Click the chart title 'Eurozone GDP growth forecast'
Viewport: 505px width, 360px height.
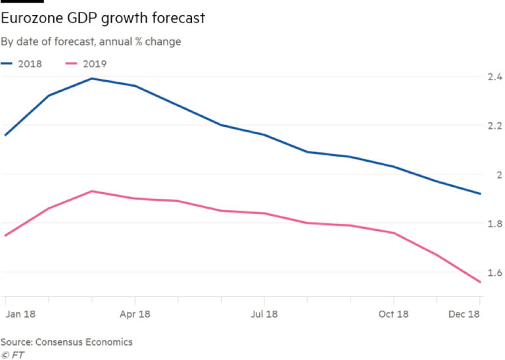pyautogui.click(x=103, y=18)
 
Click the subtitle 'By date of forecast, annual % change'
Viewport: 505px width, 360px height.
pyautogui.click(x=91, y=42)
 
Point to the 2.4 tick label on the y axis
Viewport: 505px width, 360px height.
pyautogui.click(x=493, y=77)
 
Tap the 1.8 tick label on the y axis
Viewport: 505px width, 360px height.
pyautogui.click(x=493, y=224)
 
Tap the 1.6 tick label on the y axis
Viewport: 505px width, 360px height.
pyautogui.click(x=493, y=272)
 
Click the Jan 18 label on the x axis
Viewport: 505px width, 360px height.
pyautogui.click(x=20, y=315)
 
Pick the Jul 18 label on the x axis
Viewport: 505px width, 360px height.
pyautogui.click(x=264, y=315)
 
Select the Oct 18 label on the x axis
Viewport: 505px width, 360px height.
pyautogui.click(x=393, y=315)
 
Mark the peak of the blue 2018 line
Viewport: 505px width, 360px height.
pyautogui.click(x=92, y=78)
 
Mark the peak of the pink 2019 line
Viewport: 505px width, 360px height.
pyautogui.click(x=92, y=192)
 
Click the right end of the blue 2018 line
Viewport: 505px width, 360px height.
pyautogui.click(x=480, y=193)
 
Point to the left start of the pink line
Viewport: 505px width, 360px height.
pyautogui.click(x=5, y=235)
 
